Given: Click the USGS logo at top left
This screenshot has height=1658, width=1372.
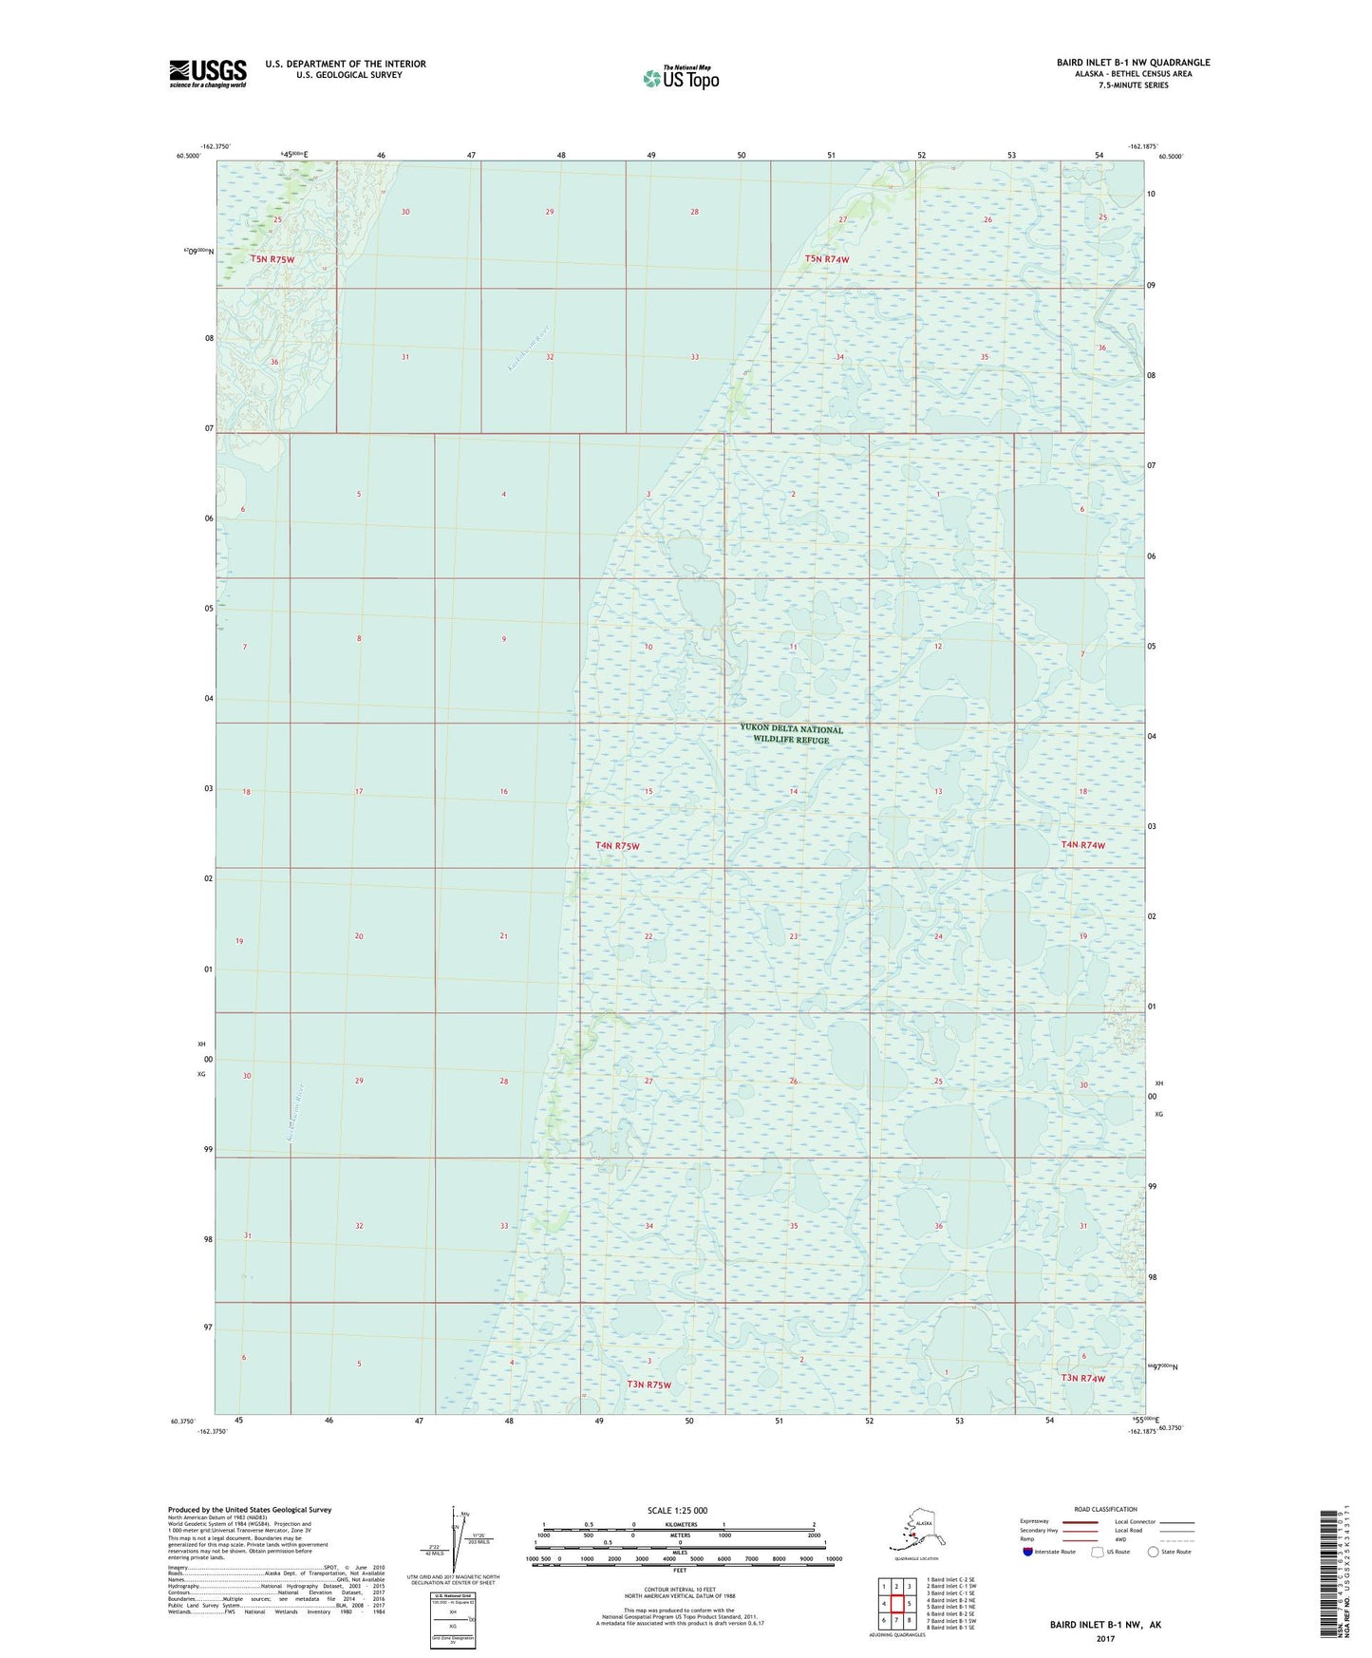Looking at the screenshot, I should click(208, 73).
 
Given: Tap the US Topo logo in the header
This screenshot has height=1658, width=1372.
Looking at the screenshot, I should click(680, 77).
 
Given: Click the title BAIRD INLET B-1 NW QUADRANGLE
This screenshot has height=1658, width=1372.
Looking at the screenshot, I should click(1133, 63).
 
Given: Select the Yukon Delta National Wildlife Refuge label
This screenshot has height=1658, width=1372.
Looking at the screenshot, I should click(791, 734).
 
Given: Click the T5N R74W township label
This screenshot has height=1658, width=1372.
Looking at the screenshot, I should click(826, 258).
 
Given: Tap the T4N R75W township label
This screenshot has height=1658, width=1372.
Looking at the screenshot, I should click(617, 845).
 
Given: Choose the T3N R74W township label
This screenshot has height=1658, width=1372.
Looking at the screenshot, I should click(1082, 1378).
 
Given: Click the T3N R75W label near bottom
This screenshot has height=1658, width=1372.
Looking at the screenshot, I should click(648, 1385).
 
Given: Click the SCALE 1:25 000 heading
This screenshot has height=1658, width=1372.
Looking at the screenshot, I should click(677, 1510).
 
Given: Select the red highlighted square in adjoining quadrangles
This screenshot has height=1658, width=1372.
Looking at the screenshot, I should click(896, 1604).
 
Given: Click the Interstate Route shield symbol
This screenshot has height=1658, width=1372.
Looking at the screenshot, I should click(1028, 1552).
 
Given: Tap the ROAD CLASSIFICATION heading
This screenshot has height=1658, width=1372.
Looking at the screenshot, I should click(1105, 1509).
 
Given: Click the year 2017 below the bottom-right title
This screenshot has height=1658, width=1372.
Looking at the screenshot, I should click(1105, 1638).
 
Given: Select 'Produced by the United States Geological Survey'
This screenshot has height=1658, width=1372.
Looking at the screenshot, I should click(250, 1509).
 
